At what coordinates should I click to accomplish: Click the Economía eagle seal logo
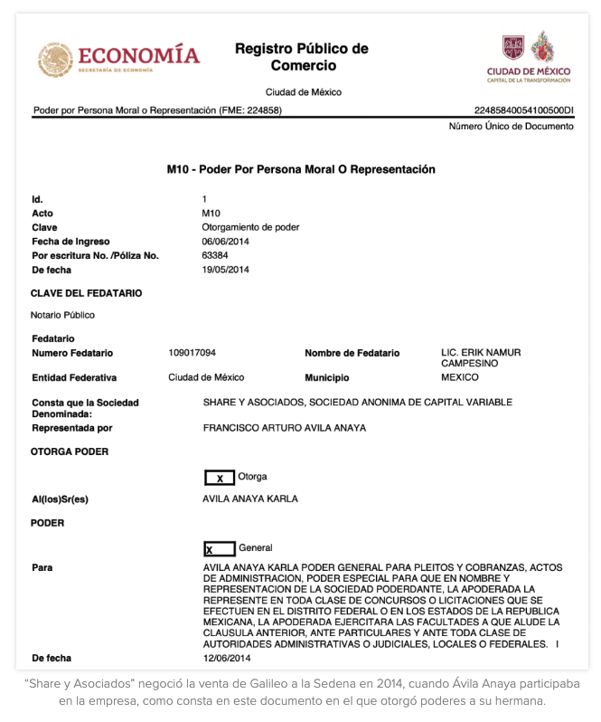56,59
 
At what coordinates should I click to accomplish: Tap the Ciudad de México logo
529,56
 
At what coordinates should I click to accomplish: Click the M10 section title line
301,169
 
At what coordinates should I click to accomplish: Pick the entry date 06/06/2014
226,242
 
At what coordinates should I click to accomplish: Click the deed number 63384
216,255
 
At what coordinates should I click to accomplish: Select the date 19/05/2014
226,270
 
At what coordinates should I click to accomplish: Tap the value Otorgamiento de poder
250,227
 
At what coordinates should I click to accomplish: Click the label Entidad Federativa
74,377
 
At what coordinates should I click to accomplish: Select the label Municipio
327,377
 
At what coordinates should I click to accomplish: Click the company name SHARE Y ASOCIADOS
357,402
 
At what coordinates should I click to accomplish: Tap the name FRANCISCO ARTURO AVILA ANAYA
285,427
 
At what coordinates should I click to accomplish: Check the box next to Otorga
220,478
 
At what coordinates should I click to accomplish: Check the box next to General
220,549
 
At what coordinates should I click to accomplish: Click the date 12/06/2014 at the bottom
226,658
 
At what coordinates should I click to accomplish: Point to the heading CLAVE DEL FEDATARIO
86,293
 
